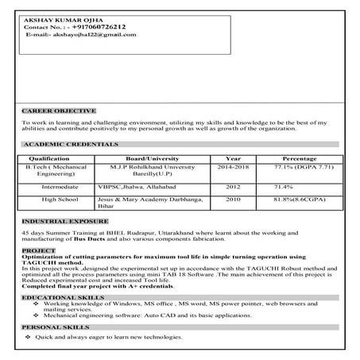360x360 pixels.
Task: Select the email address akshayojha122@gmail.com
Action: (94, 34)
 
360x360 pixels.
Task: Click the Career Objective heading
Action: (60, 110)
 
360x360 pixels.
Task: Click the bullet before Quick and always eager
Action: (29, 338)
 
